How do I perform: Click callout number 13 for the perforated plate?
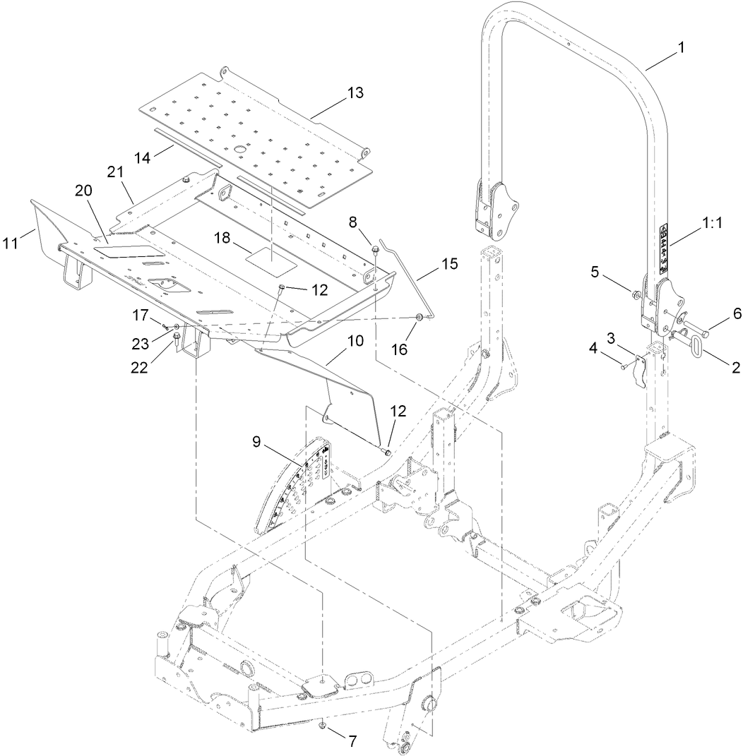pos(355,92)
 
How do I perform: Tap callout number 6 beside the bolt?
pos(717,312)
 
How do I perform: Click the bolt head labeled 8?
pos(376,248)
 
